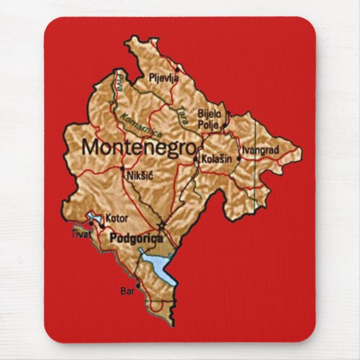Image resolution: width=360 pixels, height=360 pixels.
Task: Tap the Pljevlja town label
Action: pyautogui.click(x=164, y=77)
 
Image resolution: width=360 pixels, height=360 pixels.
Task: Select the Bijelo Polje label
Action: pyautogui.click(x=209, y=120)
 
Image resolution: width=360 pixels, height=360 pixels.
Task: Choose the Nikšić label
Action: pyautogui.click(x=138, y=176)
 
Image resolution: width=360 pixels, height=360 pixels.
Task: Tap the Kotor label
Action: pyautogui.click(x=116, y=219)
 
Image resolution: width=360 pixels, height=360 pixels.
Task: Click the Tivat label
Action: pyautogui.click(x=81, y=234)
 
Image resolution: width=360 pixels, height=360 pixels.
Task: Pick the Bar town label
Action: pyautogui.click(x=126, y=292)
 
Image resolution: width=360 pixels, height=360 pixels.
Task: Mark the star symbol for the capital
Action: pyautogui.click(x=162, y=226)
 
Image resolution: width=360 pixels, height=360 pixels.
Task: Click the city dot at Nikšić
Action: pyautogui.click(x=122, y=168)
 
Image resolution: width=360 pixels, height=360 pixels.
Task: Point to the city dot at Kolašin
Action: pyautogui.click(x=196, y=159)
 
